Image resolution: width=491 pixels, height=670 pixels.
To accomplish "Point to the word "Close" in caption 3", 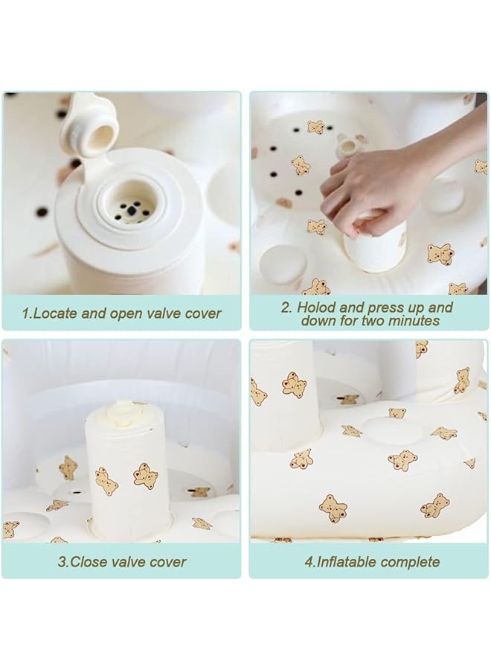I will [x=88, y=561].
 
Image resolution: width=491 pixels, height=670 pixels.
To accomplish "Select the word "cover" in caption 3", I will [x=168, y=561].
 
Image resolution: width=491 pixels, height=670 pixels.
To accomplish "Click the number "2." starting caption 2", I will [x=286, y=307].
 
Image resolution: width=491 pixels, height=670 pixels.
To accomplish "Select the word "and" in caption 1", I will [x=94, y=313].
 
